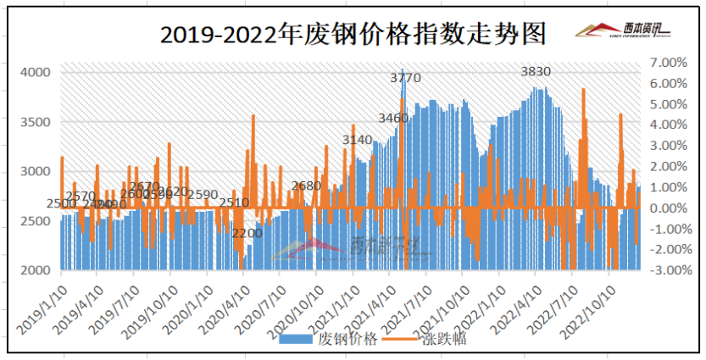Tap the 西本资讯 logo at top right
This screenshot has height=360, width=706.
pyautogui.click(x=622, y=30)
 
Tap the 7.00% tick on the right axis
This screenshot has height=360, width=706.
pyautogui.click(x=666, y=63)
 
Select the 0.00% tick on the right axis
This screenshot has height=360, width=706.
pyautogui.click(x=666, y=208)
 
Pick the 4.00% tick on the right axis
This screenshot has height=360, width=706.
pyautogui.click(x=666, y=125)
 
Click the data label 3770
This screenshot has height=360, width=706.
pyautogui.click(x=405, y=78)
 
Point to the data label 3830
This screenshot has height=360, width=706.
pyautogui.click(x=536, y=72)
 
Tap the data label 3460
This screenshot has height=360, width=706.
pyautogui.click(x=393, y=117)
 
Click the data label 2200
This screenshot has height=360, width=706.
pyautogui.click(x=247, y=233)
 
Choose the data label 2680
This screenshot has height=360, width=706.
pyautogui.click(x=306, y=186)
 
